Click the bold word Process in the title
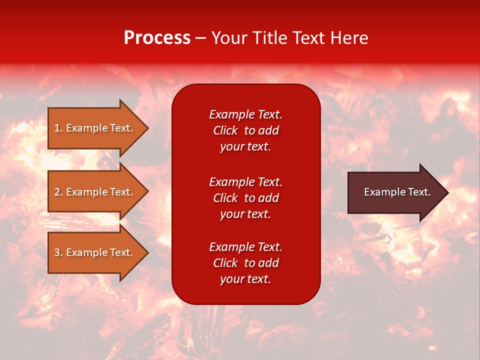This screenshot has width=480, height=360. [157, 38]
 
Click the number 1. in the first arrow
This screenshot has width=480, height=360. [58, 128]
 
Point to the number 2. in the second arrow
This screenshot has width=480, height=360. [58, 192]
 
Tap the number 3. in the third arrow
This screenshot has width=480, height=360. [58, 252]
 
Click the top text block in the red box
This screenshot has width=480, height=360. [245, 130]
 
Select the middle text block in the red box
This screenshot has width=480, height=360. [245, 198]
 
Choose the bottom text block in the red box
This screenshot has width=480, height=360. [245, 263]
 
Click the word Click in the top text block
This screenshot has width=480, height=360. [225, 130]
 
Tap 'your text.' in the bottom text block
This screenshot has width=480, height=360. [245, 279]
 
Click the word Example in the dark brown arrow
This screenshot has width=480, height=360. [381, 192]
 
